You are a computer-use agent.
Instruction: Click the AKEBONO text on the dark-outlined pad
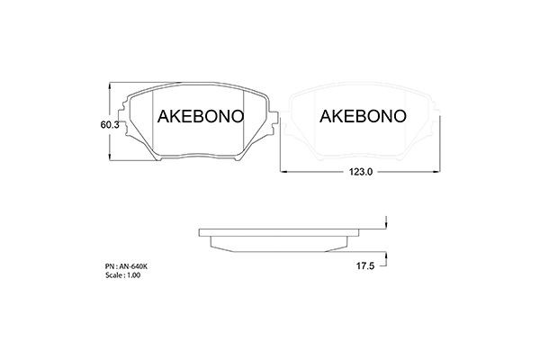pos(198,117)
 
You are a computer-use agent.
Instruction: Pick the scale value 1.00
pos(134,275)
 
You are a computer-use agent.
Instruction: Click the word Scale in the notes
pos(113,275)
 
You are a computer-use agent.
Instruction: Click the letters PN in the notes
pos(109,267)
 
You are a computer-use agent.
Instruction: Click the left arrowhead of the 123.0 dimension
pos(282,171)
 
